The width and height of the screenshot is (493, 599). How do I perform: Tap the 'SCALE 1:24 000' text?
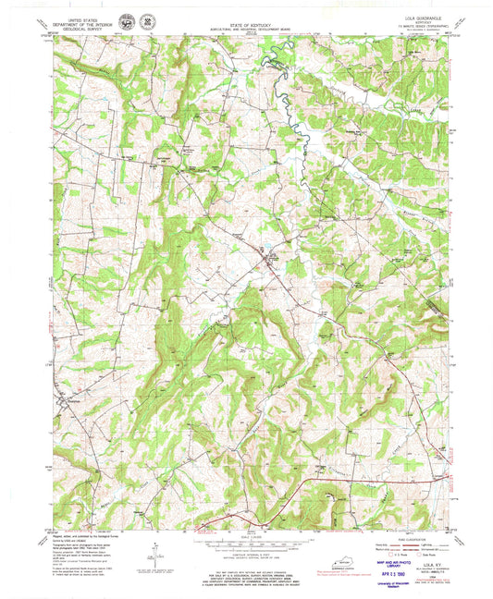pos(245,538)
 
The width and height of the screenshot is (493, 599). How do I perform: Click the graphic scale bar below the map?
pos(245,546)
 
